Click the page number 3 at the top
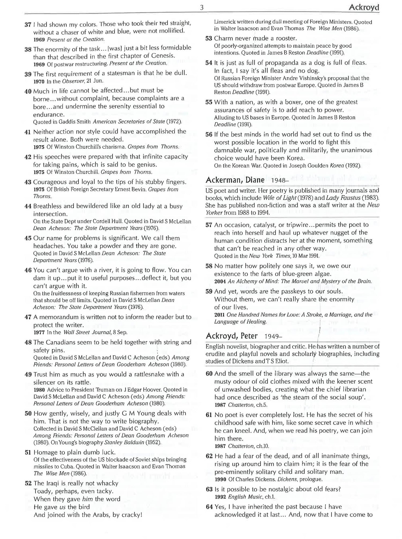202,8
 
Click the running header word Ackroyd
364,8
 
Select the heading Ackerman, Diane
235,180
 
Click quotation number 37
28,25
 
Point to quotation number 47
28,317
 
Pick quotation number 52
28,483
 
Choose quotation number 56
209,135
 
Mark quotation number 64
209,507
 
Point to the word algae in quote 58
322,274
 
